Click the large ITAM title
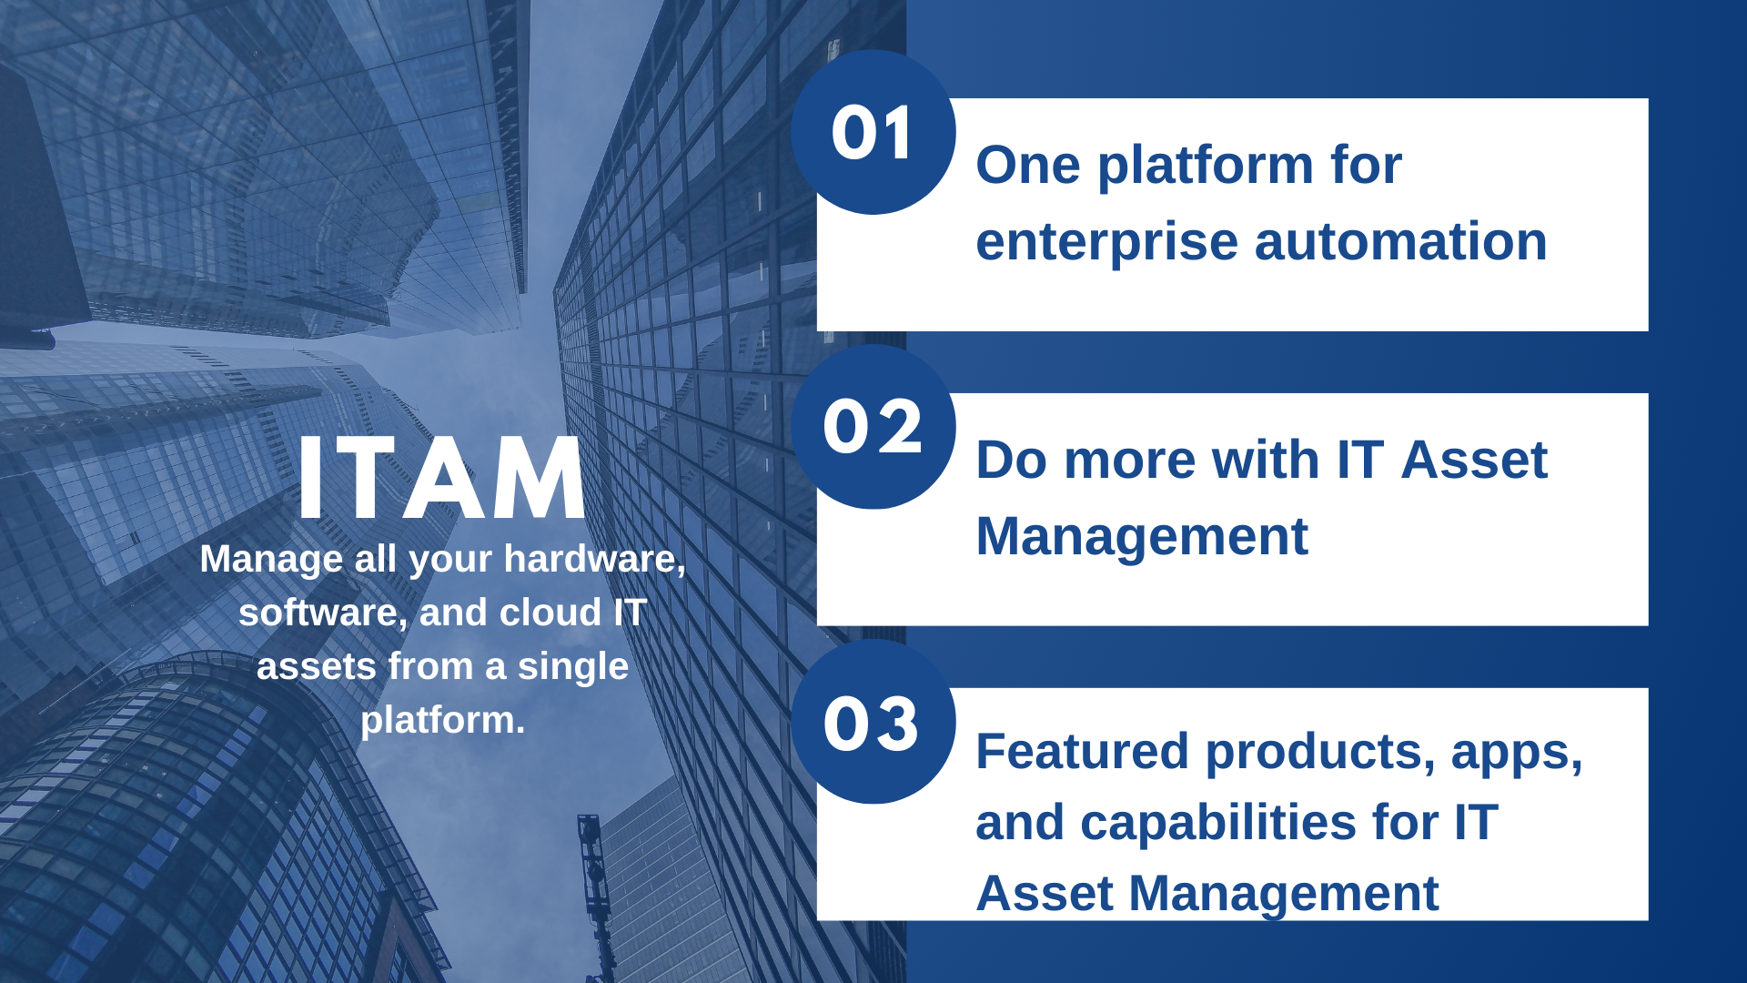click(441, 478)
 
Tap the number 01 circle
click(873, 132)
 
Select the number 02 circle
click(873, 426)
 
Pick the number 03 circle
click(873, 721)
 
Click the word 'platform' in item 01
click(1205, 167)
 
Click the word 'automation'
click(1401, 242)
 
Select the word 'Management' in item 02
click(1142, 538)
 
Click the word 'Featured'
click(1082, 752)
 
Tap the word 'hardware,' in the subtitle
click(595, 560)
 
